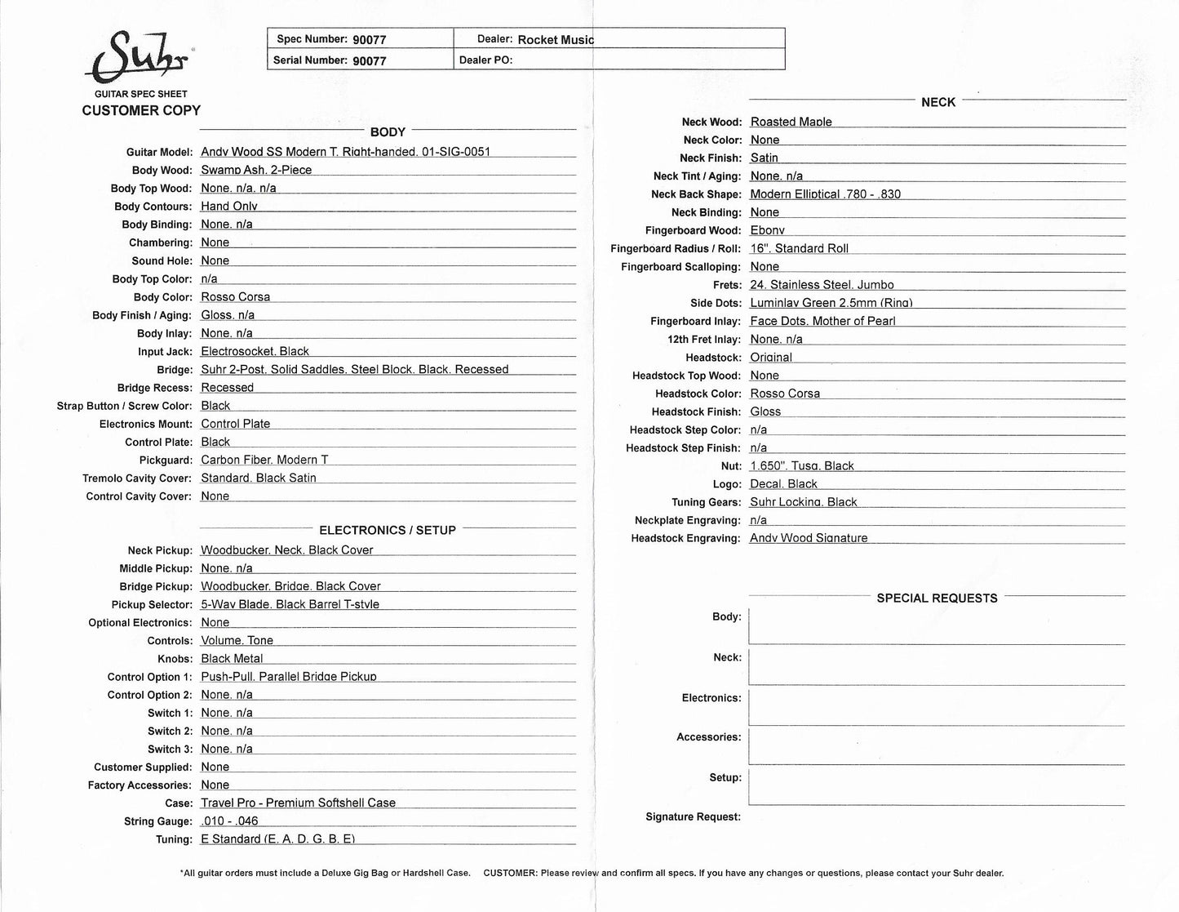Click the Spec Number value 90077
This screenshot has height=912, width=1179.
point(369,39)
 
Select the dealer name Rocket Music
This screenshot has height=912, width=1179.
point(556,39)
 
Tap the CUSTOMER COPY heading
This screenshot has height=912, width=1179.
point(141,110)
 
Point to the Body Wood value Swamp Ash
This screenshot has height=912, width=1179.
point(256,170)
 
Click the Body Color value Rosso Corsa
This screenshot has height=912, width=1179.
point(235,297)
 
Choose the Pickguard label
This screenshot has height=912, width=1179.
point(166,460)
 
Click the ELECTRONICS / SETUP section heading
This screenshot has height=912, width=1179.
point(388,531)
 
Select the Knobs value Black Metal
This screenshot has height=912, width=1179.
point(232,659)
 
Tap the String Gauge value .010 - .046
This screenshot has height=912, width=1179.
point(229,821)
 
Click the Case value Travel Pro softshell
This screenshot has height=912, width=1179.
point(298,803)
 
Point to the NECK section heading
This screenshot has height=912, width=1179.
point(938,102)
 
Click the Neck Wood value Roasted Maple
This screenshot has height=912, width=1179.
point(791,122)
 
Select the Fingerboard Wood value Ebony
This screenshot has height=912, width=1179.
point(767,230)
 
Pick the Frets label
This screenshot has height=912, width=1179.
point(727,285)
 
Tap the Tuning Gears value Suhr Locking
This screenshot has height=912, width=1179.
point(803,502)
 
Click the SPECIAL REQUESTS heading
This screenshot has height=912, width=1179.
point(937,598)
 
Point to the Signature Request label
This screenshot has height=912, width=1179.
point(693,817)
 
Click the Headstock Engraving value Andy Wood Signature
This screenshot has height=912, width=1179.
point(809,538)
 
